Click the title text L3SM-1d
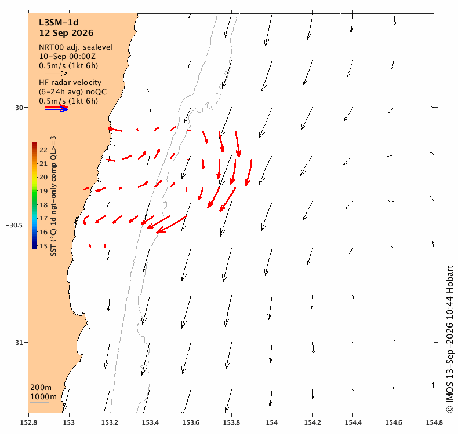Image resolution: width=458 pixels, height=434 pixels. (x=59, y=23)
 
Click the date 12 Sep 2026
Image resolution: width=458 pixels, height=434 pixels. (x=66, y=33)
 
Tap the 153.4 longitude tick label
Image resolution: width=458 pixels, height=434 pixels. (x=150, y=422)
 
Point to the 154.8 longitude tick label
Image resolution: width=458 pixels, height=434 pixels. (x=434, y=422)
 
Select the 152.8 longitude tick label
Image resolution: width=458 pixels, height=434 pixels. (x=28, y=422)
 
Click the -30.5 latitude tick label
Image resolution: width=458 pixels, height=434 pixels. (x=13, y=225)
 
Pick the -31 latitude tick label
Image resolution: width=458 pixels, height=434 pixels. (x=17, y=343)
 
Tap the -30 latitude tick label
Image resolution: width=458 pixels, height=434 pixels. (x=17, y=108)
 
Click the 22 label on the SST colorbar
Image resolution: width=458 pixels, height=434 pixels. (x=43, y=150)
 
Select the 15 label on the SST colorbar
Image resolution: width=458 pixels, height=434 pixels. (x=43, y=246)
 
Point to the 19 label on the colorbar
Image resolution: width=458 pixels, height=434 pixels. (x=43, y=191)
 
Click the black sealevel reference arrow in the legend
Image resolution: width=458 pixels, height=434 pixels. (x=56, y=73)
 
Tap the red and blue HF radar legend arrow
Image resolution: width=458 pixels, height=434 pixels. (x=56, y=108)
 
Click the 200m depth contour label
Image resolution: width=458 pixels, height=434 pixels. (x=41, y=387)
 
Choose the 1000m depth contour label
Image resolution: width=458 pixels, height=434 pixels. (x=43, y=397)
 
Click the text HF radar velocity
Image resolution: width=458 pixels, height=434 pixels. (x=70, y=83)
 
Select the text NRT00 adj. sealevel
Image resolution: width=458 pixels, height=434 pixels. (x=75, y=47)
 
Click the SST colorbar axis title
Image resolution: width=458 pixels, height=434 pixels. (x=53, y=196)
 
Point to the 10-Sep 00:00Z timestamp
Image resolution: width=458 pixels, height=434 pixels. (x=67, y=57)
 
